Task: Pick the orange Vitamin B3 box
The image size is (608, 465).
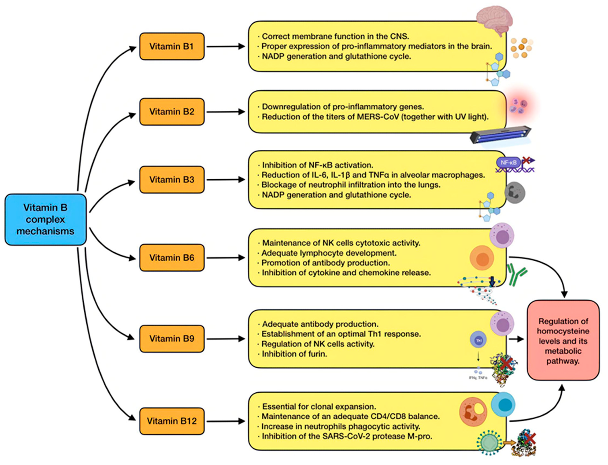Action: click(172, 180)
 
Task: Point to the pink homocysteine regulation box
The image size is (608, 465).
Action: click(563, 340)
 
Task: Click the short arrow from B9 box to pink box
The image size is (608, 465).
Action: click(516, 339)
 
